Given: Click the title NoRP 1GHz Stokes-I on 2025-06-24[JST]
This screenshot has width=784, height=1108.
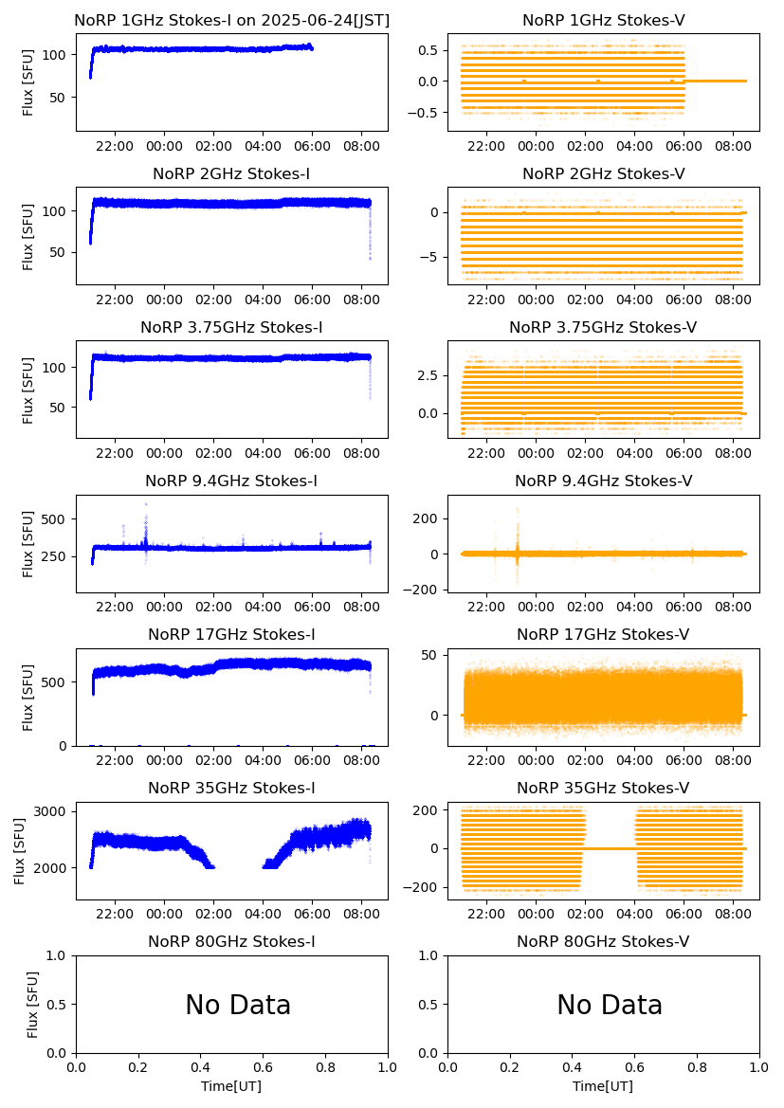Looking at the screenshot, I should click(231, 20).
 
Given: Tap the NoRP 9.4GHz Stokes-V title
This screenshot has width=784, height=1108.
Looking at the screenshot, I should click(603, 481).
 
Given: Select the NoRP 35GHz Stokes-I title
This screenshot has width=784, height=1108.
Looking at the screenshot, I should click(231, 789).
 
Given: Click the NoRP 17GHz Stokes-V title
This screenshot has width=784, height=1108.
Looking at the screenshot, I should click(603, 635).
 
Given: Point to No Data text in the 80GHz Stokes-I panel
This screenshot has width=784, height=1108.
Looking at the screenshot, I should click(238, 1006).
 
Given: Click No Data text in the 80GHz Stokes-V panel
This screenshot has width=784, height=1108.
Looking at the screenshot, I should click(610, 1006).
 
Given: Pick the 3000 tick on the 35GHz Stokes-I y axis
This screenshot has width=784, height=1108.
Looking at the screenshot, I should click(53, 811).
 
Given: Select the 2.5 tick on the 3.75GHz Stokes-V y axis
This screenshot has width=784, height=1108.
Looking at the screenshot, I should click(431, 376).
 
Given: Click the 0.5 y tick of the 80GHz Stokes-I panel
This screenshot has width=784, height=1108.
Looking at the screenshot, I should click(59, 1005).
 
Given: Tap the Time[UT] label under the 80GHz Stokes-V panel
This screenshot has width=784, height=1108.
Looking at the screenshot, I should click(603, 1086).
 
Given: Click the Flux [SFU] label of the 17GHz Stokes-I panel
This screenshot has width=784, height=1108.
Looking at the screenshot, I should click(28, 698).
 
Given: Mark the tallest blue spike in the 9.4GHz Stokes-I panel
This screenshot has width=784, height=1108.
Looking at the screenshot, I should click(146, 504).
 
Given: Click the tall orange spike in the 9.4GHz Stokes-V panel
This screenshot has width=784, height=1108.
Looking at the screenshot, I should click(518, 510).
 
